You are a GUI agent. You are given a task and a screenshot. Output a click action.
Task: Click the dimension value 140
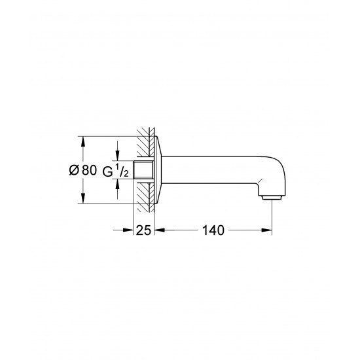click(x=213, y=230)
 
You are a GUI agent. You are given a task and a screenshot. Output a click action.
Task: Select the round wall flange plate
click(x=157, y=170)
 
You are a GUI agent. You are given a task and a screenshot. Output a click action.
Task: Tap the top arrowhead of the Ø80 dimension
click(x=82, y=140)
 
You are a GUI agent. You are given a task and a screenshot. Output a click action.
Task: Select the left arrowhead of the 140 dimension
click(x=159, y=230)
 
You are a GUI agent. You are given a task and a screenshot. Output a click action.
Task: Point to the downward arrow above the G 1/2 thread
click(x=118, y=156)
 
